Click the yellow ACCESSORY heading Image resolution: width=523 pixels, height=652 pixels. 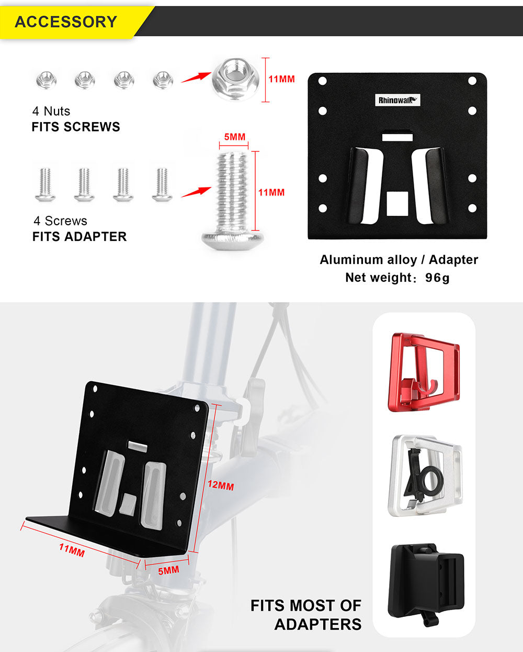tap(66, 22)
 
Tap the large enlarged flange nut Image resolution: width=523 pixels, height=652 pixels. tap(235, 79)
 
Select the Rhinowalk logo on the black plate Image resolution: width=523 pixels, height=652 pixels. tap(397, 100)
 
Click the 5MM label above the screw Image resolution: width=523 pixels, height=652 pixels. tap(234, 137)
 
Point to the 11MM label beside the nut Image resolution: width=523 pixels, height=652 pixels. tap(281, 79)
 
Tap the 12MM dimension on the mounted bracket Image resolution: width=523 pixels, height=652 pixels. tap(221, 485)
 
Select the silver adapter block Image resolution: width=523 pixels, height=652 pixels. tap(425, 476)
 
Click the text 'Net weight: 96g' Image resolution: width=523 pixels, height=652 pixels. tap(397, 278)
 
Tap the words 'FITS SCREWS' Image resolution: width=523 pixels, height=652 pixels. tap(76, 127)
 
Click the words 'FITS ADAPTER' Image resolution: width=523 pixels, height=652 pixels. tap(79, 237)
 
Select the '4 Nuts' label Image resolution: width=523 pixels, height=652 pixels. tap(51, 111)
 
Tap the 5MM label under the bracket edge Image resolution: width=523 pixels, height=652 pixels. tap(168, 570)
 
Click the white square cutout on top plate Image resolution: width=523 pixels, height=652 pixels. tap(397, 203)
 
